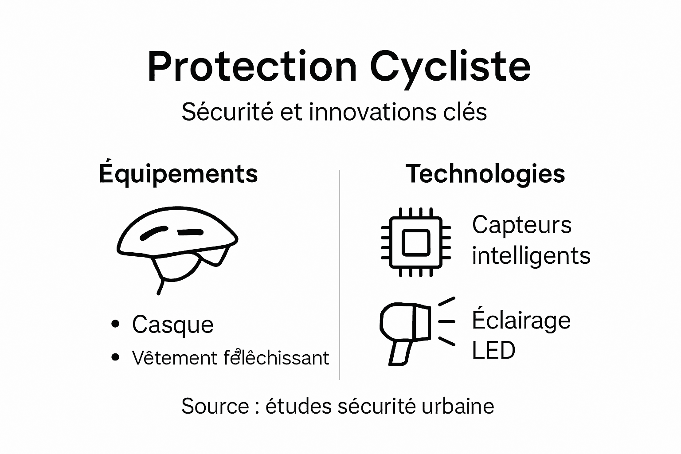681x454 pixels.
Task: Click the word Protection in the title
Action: pos(252,67)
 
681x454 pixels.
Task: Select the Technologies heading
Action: pos(485,174)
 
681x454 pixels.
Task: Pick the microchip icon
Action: pos(416,242)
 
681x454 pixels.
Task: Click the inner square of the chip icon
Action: pos(416,243)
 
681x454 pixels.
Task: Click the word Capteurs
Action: pos(521,225)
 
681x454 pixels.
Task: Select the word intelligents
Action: pos(531,256)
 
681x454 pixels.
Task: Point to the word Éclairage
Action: pos(521,320)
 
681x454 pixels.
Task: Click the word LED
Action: pos(493,350)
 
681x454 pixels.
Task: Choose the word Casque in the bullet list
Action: pos(172,325)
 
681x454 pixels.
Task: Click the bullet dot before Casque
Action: pos(116,324)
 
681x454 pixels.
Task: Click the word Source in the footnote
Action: pos(215,406)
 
